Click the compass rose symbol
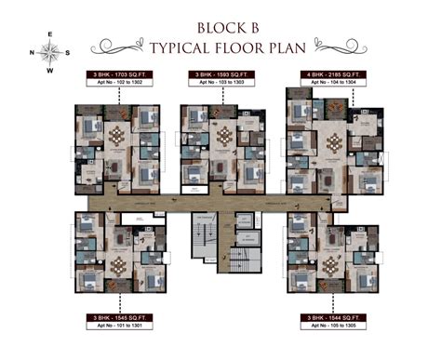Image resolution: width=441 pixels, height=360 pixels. tap(48, 52)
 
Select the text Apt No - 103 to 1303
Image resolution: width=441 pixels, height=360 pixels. tap(220, 82)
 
